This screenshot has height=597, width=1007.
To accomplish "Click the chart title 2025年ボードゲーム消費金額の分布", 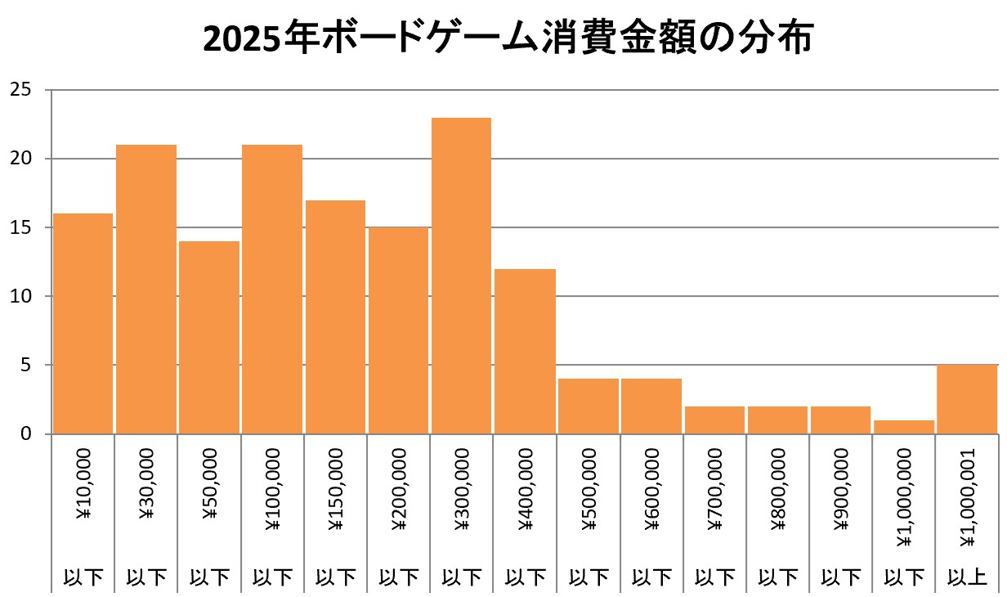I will [507, 39].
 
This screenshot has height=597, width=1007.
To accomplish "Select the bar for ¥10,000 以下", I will [83, 323].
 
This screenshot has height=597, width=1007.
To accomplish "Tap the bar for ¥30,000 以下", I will [146, 289].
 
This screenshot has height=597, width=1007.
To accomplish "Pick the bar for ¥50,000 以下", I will [209, 337].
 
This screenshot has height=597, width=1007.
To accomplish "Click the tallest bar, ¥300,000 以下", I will [461, 276].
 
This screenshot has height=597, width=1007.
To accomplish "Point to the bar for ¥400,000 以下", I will [525, 351].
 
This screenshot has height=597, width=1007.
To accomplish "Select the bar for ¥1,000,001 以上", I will [967, 399].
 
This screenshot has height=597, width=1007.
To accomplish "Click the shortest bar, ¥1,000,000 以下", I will [904, 426].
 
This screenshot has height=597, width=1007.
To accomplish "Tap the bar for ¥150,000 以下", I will [335, 316].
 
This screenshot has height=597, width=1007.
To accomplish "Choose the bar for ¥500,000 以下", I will [588, 406].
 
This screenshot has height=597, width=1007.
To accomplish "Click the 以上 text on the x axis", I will [967, 579].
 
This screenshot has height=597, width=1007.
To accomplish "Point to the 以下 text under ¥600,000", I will [651, 579].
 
